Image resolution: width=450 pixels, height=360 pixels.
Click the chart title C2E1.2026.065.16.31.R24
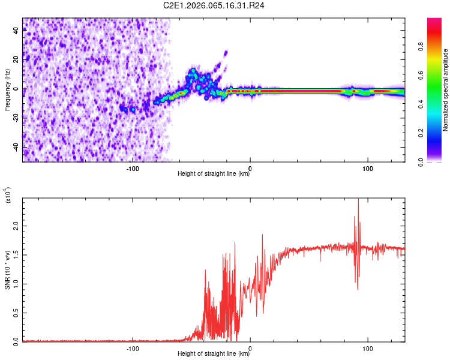pos(214,5)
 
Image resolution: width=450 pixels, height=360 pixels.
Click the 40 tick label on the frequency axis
pos(16,31)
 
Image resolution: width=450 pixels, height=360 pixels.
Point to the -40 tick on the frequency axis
pos(23,147)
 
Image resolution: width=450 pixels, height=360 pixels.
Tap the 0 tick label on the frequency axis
pos(16,89)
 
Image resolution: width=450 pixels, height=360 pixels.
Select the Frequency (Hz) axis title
pos(7,89)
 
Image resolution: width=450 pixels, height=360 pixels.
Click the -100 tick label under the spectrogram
pos(133,168)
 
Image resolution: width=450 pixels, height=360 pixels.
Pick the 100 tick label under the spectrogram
pos(368,168)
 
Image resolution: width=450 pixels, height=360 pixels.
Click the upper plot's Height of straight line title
pos(214,174)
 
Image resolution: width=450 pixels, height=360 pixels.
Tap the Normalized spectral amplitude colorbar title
pos(445,90)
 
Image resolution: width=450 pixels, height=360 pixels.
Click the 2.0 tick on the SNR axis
pos(23,226)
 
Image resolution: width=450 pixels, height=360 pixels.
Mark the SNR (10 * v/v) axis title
pos(7,269)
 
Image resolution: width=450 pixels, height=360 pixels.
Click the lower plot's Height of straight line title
pos(214,354)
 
